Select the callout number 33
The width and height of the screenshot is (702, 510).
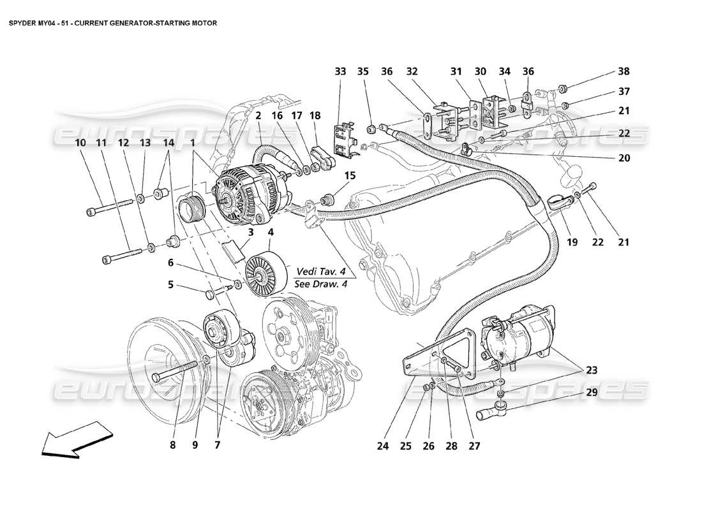click(x=341, y=72)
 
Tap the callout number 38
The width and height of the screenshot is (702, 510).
click(x=622, y=72)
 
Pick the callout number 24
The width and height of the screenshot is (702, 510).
click(x=382, y=446)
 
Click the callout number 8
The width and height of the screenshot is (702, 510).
click(x=172, y=446)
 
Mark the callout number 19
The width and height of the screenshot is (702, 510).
click(x=572, y=242)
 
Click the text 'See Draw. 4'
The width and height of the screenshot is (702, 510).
click(x=321, y=284)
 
